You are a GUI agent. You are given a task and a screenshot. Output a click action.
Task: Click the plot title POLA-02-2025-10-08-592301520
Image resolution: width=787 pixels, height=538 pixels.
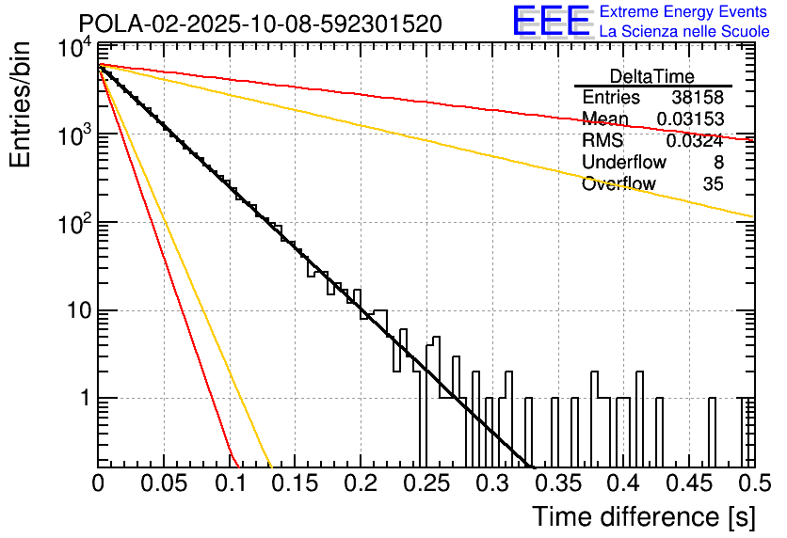pos(260,24)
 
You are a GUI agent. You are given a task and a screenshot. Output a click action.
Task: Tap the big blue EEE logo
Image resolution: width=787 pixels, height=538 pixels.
pos(551,22)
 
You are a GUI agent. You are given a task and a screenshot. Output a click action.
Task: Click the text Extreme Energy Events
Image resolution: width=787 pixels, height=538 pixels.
pos(683,12)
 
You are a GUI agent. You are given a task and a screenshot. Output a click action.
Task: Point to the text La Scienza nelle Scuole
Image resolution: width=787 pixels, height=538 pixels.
pos(683,31)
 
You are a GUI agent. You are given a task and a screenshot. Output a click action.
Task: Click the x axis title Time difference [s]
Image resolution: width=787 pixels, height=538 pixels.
pos(643,516)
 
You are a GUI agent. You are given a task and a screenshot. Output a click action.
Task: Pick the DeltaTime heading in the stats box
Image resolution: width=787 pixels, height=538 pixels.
pos(652,76)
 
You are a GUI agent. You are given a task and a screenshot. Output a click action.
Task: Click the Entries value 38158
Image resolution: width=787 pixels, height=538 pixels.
pos(698,98)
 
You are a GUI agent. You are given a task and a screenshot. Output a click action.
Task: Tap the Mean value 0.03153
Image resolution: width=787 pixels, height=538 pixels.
pos(690,119)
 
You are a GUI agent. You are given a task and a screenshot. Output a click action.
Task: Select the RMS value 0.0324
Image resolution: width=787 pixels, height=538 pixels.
pos(695,141)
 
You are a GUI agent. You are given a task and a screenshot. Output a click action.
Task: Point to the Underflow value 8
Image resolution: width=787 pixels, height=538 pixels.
pos(718,163)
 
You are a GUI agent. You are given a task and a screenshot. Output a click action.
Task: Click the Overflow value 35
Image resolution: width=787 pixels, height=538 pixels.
pos(713,184)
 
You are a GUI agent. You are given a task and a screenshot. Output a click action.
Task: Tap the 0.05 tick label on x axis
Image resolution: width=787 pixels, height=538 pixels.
pos(164,483)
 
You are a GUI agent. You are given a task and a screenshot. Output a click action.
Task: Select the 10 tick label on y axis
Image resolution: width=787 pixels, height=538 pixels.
pos(74,311)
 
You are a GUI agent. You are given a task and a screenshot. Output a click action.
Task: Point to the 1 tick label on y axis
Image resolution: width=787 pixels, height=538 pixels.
pos(82,399)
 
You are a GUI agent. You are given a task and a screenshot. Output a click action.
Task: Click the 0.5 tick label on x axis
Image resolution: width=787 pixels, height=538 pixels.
pos(754,483)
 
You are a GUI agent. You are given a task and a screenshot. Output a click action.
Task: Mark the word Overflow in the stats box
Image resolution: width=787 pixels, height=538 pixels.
pos(618,184)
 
